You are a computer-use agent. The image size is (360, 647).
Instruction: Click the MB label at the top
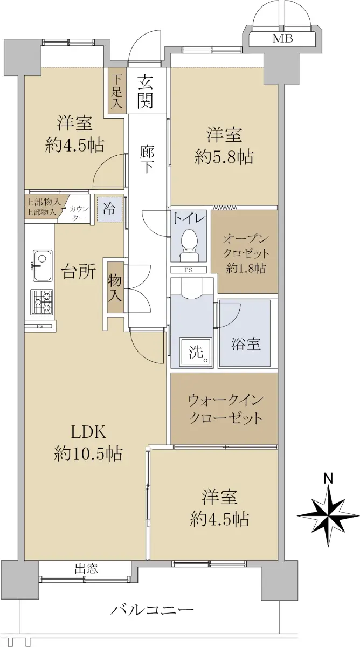point(282,38)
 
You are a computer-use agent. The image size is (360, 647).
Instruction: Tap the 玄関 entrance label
point(144,91)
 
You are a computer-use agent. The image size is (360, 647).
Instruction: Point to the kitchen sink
point(43,265)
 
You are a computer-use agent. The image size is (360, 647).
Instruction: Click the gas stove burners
point(42,302)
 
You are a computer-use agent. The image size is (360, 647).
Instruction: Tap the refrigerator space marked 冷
point(110,209)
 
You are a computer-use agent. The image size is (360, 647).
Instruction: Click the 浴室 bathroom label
point(246,344)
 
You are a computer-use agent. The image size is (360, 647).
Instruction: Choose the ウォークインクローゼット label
point(225,409)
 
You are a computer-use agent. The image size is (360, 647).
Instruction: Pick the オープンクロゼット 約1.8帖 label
point(246,254)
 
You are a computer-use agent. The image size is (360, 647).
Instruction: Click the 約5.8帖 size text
point(224,157)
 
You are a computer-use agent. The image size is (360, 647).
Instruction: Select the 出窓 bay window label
point(86,568)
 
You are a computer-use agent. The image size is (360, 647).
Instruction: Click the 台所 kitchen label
point(79,272)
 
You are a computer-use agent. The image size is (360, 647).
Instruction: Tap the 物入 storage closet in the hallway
point(115,287)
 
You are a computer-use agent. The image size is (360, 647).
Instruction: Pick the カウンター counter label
point(79,213)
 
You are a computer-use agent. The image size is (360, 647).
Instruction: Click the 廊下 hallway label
point(147,159)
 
